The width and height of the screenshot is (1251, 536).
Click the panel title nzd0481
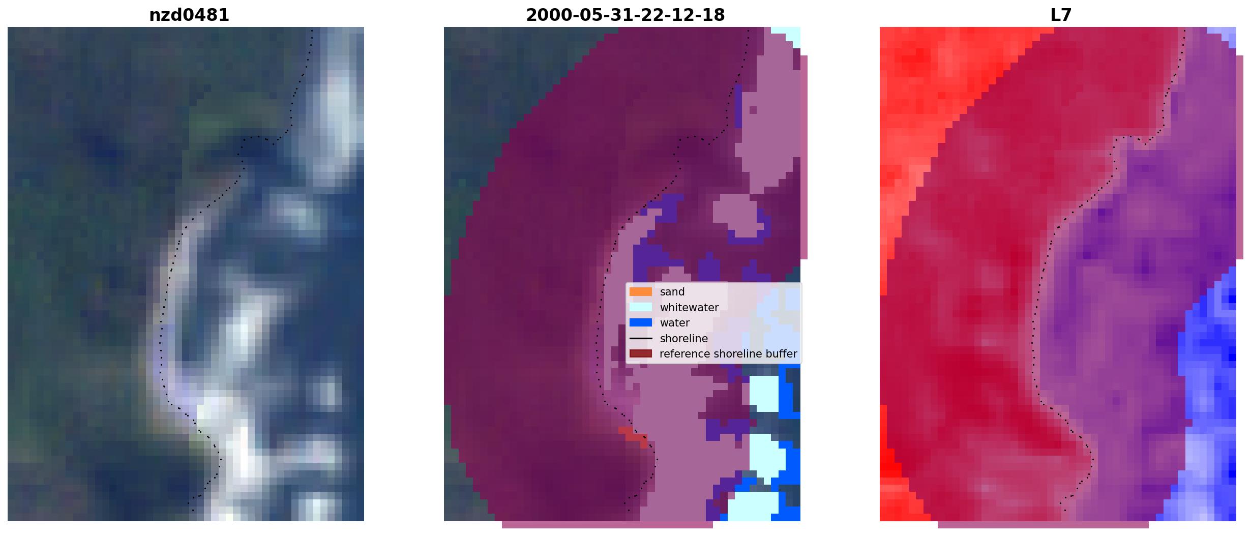click(x=189, y=15)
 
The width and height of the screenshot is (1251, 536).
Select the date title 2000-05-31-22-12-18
click(x=625, y=15)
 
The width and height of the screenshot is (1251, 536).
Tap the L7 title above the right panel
click(x=1061, y=15)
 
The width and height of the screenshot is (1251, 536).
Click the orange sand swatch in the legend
click(x=641, y=292)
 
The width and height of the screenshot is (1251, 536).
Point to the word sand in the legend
click(x=672, y=292)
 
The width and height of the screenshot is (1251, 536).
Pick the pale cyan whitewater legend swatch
click(x=641, y=307)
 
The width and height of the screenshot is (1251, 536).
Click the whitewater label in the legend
click(x=689, y=308)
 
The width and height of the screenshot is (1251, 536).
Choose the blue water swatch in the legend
click(x=641, y=322)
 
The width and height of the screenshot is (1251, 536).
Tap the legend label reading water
click(x=675, y=323)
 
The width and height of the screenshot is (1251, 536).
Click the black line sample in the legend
click(x=641, y=338)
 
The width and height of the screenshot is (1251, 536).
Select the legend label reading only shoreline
click(x=684, y=338)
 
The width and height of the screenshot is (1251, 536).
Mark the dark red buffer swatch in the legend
click(x=641, y=353)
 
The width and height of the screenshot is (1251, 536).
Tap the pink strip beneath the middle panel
click(x=607, y=525)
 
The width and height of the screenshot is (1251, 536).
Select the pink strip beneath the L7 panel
click(x=1043, y=525)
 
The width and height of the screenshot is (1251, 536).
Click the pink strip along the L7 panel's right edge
click(x=1240, y=158)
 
